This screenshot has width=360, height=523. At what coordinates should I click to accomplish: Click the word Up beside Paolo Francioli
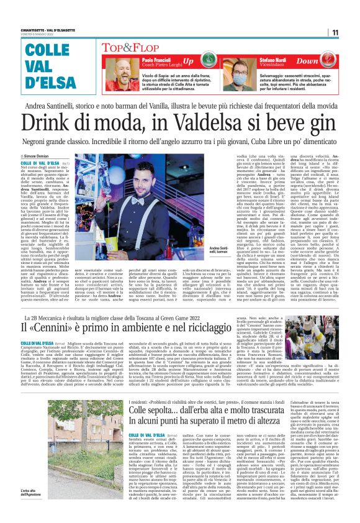(187, 63)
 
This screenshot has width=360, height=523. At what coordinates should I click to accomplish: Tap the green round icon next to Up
(209, 63)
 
